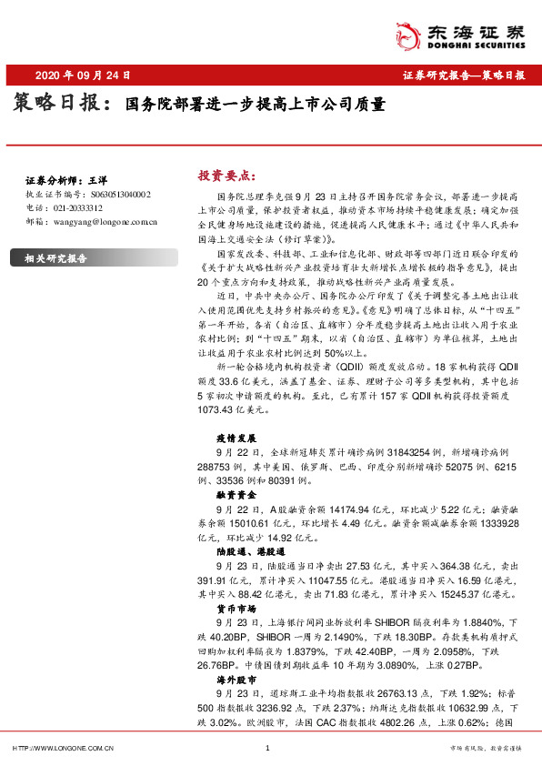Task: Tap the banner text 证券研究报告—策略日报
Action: [464, 76]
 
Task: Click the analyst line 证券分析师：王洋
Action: [60, 181]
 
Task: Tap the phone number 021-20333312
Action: [76, 207]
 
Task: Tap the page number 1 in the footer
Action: [266, 748]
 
